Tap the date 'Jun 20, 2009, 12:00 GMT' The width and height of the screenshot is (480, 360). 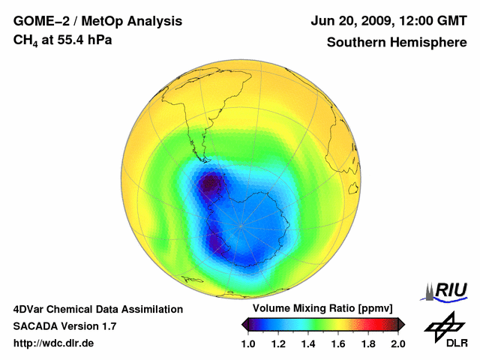[x=389, y=21]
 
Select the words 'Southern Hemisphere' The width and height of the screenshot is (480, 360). [x=397, y=42]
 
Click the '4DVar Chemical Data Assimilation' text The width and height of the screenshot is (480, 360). [x=97, y=309]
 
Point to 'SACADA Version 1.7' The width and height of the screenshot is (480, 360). [x=64, y=326]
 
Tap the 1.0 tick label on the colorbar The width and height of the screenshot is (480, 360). [x=250, y=343]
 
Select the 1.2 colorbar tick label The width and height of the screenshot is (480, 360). [x=279, y=343]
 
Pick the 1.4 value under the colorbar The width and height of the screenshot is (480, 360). [x=309, y=343]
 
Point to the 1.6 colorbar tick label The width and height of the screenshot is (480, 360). [x=338, y=343]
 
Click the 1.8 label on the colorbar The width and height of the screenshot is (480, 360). [x=368, y=343]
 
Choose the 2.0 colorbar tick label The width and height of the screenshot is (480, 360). [x=397, y=343]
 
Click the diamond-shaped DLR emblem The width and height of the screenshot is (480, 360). [x=444, y=324]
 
